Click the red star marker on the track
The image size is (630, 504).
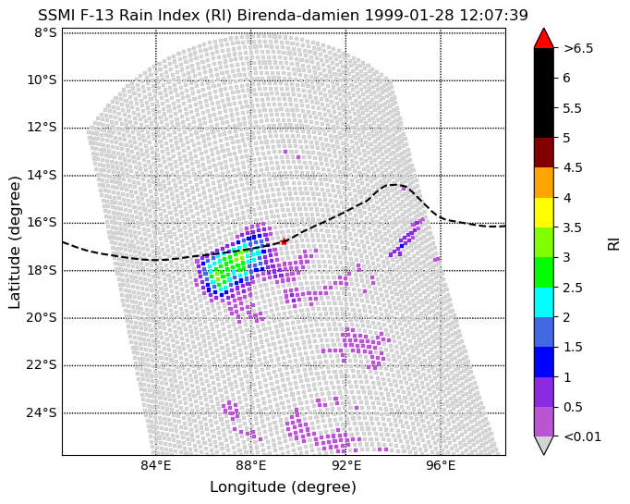click(x=285, y=241)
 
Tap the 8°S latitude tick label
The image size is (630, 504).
click(x=45, y=33)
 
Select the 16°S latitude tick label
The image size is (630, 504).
click(x=42, y=223)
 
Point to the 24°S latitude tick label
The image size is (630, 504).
click(x=42, y=413)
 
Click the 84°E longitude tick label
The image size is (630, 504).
click(x=156, y=466)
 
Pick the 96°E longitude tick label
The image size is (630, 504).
click(x=441, y=466)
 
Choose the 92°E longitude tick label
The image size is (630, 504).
click(x=345, y=466)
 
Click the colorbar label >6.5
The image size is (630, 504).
click(x=578, y=48)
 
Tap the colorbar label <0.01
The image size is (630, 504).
click(x=582, y=436)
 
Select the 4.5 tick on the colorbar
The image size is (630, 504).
click(x=573, y=167)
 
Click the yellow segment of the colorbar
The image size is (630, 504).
click(x=543, y=213)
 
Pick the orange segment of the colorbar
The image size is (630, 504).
click(x=543, y=182)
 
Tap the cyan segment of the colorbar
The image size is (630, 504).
click(x=543, y=302)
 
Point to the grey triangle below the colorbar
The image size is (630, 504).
click(x=543, y=444)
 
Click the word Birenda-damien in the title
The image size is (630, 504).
click(x=298, y=16)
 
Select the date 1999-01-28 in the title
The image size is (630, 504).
click(x=409, y=16)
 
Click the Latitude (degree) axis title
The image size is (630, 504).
click(x=14, y=242)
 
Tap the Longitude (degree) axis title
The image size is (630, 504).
click(x=284, y=487)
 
